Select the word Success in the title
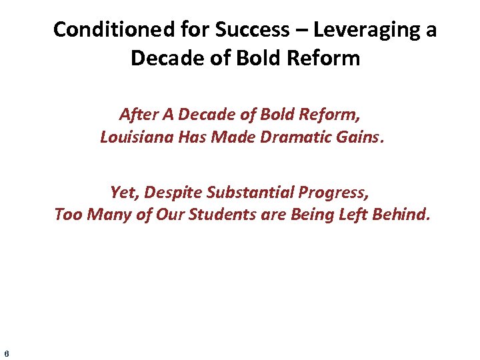tap(248, 30)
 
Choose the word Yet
tap(123, 193)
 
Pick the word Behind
tap(407, 215)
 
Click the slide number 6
tap(6, 353)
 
